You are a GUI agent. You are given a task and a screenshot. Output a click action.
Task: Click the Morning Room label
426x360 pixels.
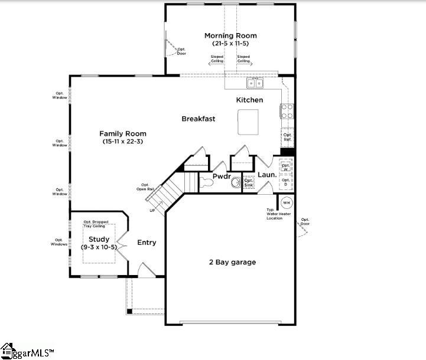[x=230, y=35]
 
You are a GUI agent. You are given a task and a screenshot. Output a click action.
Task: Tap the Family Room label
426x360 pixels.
[x=122, y=133]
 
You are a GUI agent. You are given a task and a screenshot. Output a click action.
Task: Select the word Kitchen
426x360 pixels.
[x=249, y=100]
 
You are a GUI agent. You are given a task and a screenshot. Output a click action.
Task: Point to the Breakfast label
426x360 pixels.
[x=198, y=119]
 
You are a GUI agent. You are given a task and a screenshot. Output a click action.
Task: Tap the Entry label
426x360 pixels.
[x=147, y=243]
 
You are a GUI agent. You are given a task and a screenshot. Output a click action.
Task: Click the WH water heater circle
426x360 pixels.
[x=287, y=202]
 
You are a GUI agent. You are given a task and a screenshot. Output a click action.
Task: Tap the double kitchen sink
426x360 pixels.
[x=255, y=82]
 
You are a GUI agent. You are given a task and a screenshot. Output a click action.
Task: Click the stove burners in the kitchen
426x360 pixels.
[x=288, y=111]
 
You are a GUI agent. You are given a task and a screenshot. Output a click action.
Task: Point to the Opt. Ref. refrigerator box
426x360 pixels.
[x=288, y=138]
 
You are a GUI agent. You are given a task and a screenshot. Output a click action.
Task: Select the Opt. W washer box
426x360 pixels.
[x=286, y=167]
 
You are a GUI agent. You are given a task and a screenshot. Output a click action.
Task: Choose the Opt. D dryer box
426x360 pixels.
[x=286, y=182]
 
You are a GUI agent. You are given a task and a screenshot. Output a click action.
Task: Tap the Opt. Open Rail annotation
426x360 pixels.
[x=145, y=187]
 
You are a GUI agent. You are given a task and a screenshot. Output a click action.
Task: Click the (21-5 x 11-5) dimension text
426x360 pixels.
[x=230, y=44]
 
